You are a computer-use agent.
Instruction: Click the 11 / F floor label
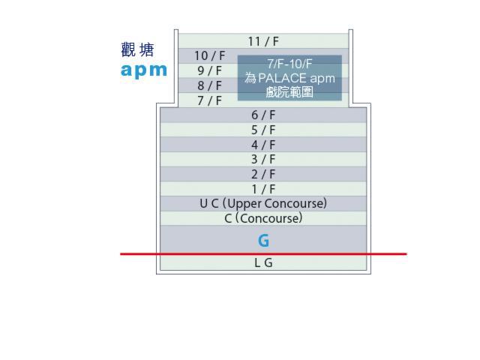pos(263,41)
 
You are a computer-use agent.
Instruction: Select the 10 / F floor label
pos(209,55)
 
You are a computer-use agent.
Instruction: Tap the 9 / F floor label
pos(209,70)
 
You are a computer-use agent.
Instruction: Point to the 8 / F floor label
pos(209,85)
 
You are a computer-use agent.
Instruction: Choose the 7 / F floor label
pos(209,100)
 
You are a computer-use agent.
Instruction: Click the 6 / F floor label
pos(263,115)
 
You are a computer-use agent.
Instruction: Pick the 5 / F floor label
pos(263,130)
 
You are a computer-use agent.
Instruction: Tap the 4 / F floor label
pos(263,145)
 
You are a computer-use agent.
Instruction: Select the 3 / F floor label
pos(263,159)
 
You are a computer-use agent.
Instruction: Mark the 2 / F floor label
pos(263,174)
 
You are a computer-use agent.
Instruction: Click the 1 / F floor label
pos(263,189)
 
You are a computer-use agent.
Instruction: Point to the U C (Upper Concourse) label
pos(263,203)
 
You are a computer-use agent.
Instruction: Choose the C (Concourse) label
pos(263,218)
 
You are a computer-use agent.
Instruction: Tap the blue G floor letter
pos(263,241)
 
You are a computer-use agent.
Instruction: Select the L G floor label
pos(263,263)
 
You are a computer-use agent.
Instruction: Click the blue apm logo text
pos(144,70)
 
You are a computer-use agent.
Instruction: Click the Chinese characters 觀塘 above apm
pos(137,50)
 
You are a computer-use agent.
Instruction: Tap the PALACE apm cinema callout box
pos(289,78)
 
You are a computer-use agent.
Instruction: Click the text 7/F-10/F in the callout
pos(289,64)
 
